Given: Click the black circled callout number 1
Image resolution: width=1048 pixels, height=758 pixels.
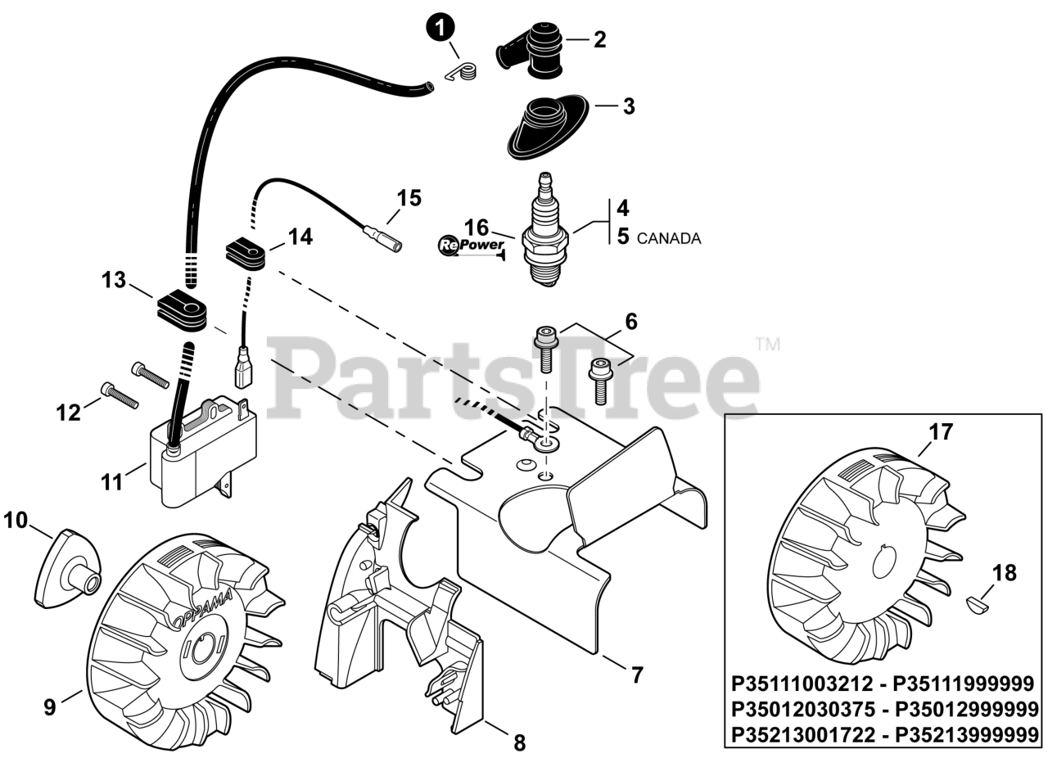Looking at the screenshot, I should tap(440, 29).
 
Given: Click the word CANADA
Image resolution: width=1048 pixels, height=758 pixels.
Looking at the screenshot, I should tap(668, 239).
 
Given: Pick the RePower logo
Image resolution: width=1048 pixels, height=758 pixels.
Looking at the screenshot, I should tap(471, 245).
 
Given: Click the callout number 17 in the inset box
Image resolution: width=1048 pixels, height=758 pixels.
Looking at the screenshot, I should tap(941, 432).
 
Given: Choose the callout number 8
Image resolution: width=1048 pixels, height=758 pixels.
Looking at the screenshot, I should tap(519, 742).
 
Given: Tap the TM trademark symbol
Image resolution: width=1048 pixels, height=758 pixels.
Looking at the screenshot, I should tap(766, 344).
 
